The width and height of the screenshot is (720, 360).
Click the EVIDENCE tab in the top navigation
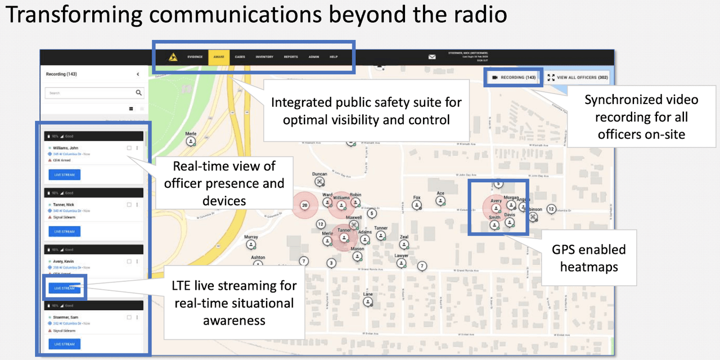pos(195,57)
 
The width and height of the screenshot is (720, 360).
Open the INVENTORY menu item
pos(264,57)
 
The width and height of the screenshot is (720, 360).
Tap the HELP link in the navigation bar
pos(334,57)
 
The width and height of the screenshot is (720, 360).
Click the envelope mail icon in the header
pos(432,57)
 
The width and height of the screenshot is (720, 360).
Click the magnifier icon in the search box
pos(138,93)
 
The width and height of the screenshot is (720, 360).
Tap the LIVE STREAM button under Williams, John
pos(64,175)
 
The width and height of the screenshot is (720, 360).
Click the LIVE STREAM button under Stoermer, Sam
pos(64,344)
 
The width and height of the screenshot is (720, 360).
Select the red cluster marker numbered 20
pos(305,205)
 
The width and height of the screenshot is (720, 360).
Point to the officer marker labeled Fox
pos(417,206)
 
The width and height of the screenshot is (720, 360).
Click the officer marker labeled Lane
pos(368,302)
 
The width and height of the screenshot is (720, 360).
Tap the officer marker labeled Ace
pos(440,201)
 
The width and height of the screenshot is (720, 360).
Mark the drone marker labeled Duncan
pos(320,182)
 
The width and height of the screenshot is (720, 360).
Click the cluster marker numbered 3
pos(332,263)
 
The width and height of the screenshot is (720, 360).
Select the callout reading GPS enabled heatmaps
pos(588,258)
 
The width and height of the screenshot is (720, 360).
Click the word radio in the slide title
pos(476,15)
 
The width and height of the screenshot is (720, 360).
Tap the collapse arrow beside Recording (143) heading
pos(138,74)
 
